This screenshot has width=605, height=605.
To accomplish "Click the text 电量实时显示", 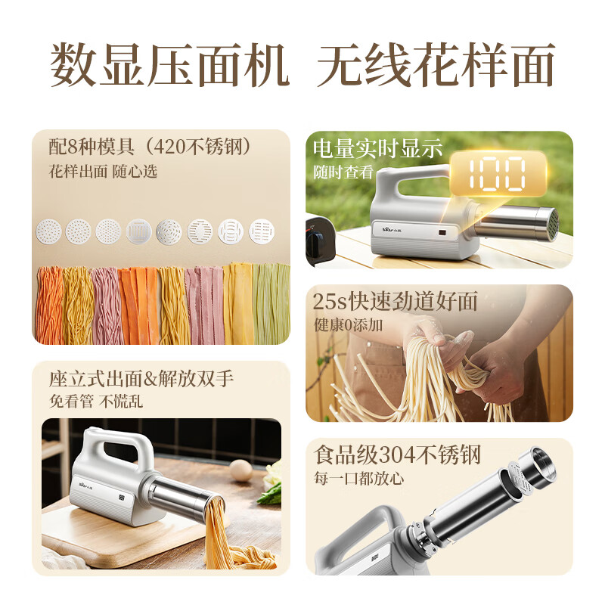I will pyautogui.click(x=377, y=149).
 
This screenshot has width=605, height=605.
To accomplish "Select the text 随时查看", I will pyautogui.click(x=343, y=172).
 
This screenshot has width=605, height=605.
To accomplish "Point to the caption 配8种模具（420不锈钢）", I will pyautogui.click(x=148, y=147).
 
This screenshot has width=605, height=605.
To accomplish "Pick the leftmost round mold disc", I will pyautogui.click(x=48, y=231).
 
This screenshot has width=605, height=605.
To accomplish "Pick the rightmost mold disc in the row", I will pyautogui.click(x=262, y=231).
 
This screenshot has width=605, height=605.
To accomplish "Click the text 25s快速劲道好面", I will pyautogui.click(x=396, y=301).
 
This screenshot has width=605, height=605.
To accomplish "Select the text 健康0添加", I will pyautogui.click(x=350, y=325).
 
